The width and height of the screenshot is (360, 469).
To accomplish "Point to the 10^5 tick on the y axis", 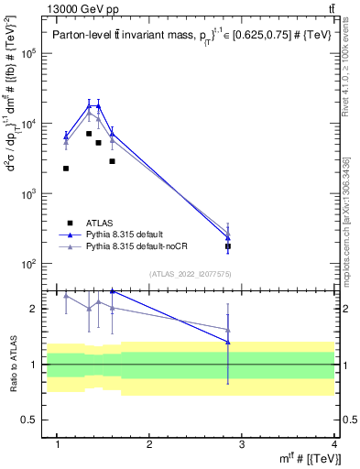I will pos(36,53).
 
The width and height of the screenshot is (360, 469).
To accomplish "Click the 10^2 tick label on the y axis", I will pos(36,264).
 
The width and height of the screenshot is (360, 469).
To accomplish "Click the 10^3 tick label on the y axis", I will pos(36,194).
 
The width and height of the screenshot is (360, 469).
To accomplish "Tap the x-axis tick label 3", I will pos(242,444).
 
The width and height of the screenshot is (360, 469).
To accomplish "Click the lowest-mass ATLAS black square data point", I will pos(66,168).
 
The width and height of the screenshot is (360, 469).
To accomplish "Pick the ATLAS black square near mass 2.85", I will pos(228,246).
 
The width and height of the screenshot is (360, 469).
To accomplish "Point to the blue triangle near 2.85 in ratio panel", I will pos(228,343).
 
